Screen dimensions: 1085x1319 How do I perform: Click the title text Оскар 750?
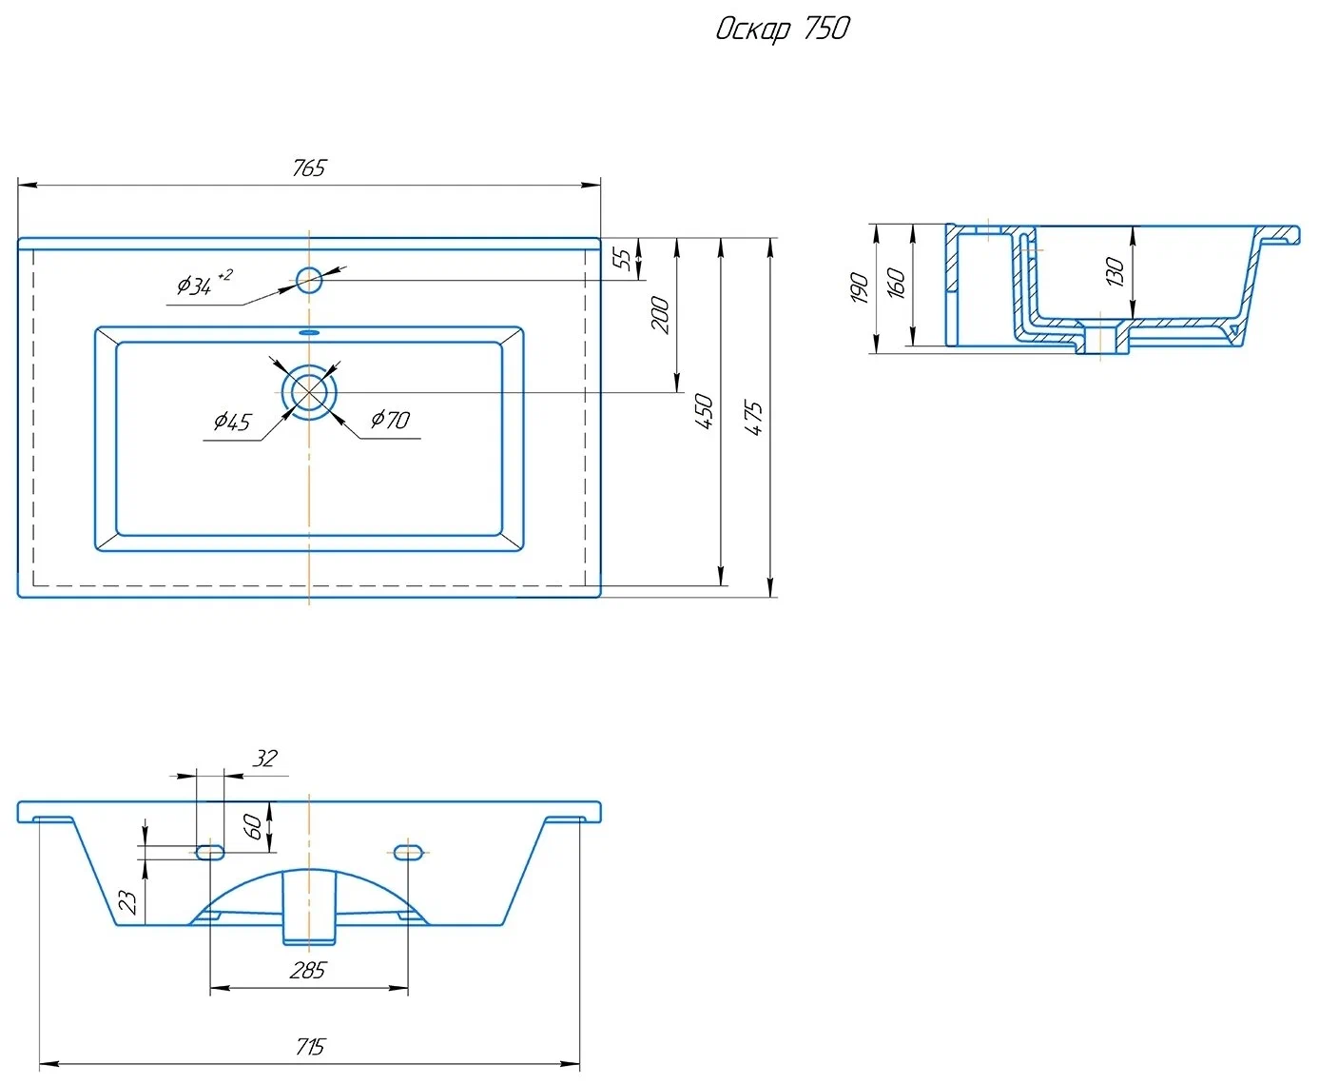(782, 29)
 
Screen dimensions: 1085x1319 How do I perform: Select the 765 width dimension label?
(309, 168)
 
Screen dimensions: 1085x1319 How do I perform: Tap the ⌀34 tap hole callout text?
(203, 284)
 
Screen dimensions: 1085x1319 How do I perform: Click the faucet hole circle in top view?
(309, 280)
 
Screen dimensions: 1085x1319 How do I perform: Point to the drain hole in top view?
(309, 391)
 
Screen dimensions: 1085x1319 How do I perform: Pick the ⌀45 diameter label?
(232, 422)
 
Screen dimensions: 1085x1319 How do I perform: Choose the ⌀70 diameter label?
(391, 420)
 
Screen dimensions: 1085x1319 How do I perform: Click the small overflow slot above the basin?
(309, 333)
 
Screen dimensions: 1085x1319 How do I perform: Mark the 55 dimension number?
(622, 259)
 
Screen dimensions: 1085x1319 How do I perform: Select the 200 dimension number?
(660, 315)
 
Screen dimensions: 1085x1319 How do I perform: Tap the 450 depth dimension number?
(704, 411)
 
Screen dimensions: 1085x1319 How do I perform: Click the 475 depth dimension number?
(753, 418)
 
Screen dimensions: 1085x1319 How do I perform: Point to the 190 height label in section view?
(859, 287)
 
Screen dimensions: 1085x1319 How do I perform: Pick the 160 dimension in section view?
(896, 283)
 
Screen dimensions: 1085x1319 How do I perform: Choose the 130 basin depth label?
(1115, 271)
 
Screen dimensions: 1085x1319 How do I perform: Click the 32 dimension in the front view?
(264, 759)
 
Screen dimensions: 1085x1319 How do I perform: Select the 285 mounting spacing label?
(308, 971)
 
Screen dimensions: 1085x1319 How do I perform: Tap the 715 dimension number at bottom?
(309, 1048)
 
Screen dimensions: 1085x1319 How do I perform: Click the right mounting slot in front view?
(408, 851)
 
